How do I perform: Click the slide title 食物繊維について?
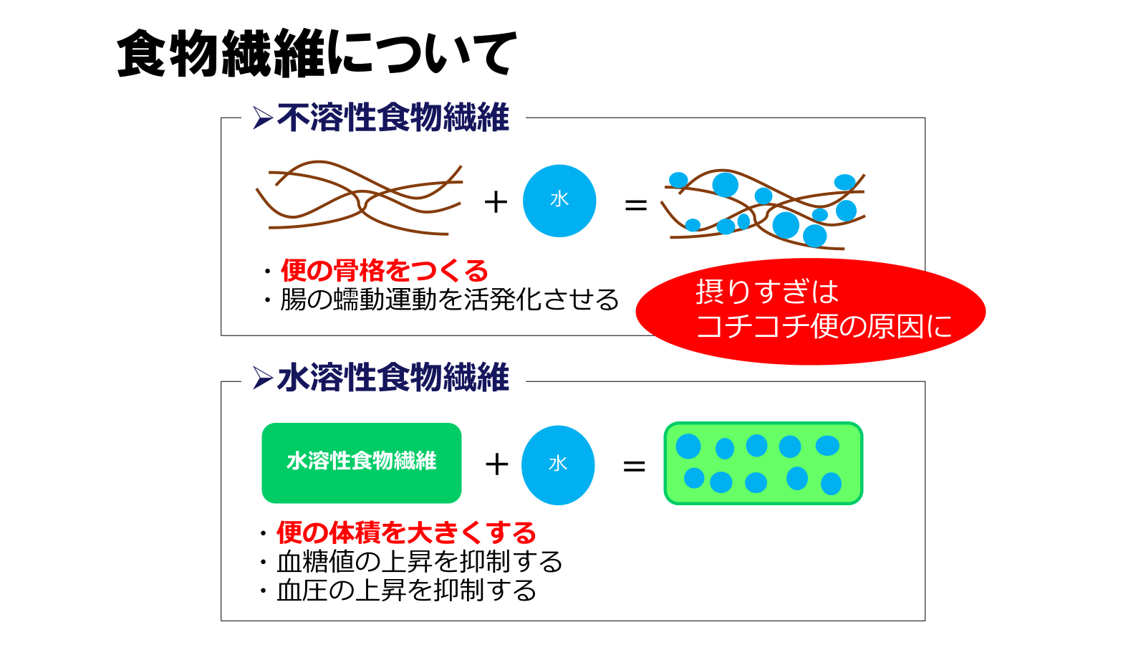(316, 53)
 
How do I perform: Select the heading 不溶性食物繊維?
(393, 118)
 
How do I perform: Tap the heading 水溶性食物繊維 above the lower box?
(393, 378)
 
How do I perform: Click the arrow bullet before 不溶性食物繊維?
(262, 118)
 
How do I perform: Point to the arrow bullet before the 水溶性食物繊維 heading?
(262, 378)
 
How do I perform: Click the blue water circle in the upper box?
(559, 201)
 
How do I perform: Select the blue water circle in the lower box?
(558, 465)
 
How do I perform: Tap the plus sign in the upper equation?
(496, 202)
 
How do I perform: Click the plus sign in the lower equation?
(496, 465)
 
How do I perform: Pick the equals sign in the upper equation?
(636, 206)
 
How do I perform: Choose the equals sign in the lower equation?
(635, 466)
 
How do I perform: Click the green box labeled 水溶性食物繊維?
(362, 463)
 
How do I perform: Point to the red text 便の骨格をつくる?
(384, 271)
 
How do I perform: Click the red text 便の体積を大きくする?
(406, 533)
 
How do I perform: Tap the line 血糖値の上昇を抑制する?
(420, 562)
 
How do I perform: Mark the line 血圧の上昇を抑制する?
(406, 591)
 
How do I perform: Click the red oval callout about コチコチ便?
(811, 311)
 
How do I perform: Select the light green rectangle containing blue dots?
(764, 463)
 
